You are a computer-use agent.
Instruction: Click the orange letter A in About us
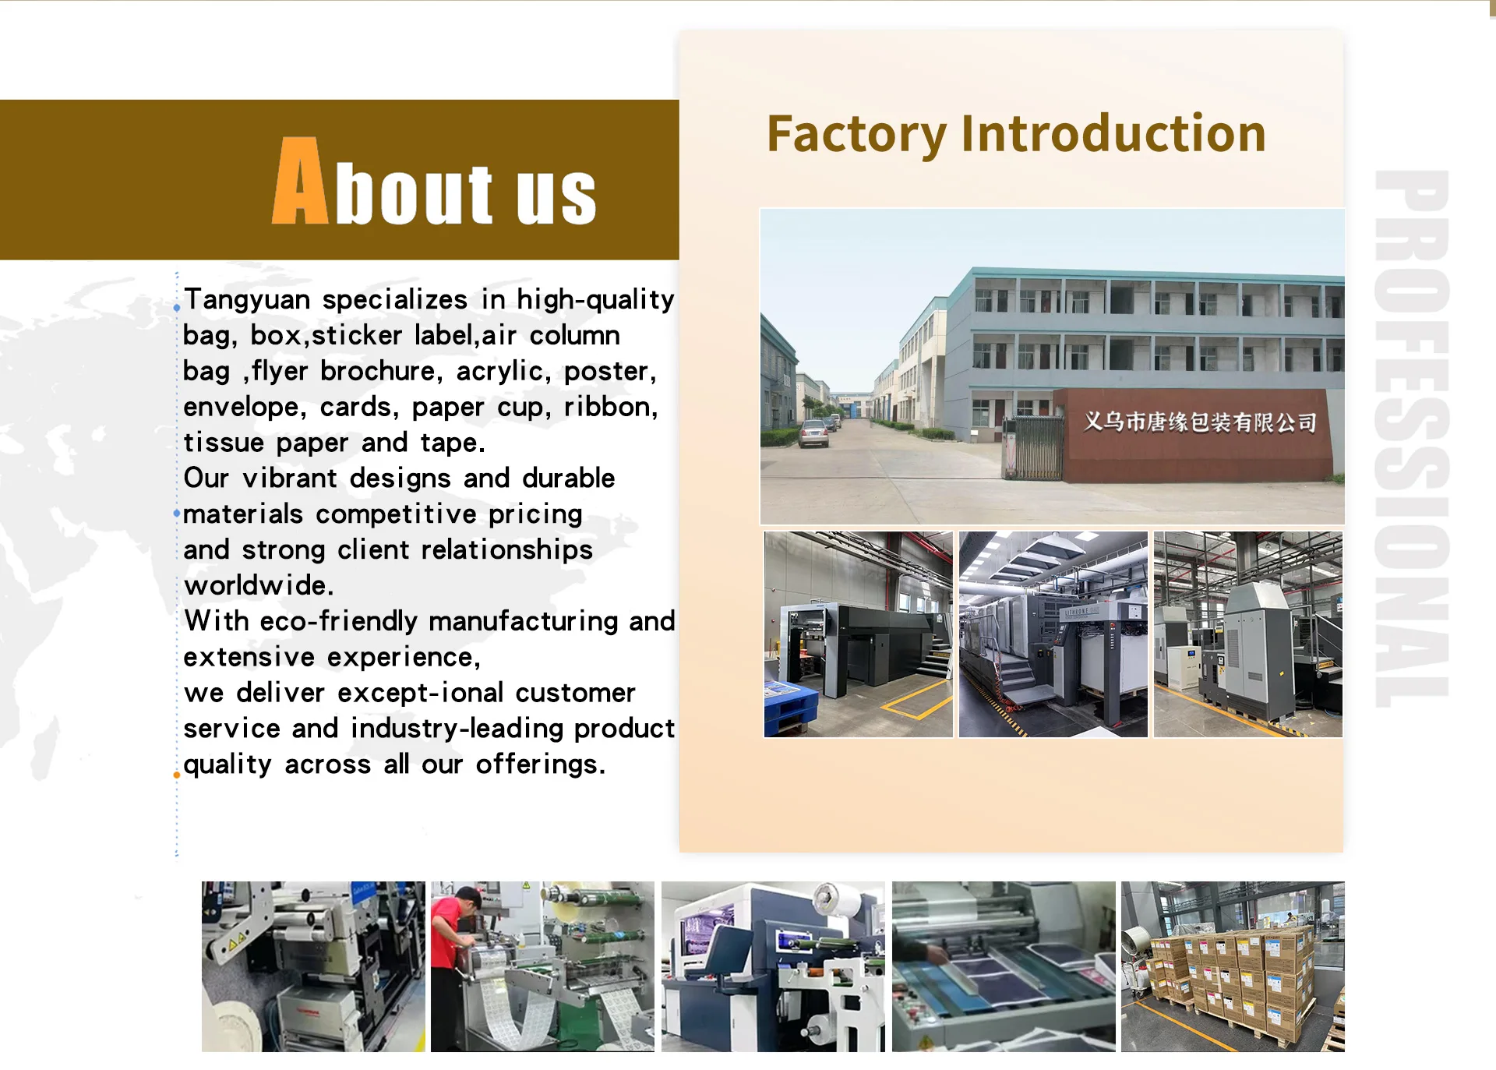coord(300,182)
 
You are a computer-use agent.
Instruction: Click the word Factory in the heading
coord(856,135)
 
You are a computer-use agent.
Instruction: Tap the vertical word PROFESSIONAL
coord(1412,438)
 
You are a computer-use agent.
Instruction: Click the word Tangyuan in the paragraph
coord(247,300)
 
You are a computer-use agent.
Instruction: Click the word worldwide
coord(259,585)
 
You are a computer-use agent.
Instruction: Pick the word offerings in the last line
coord(540,765)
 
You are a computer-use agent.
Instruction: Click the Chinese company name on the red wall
coord(1200,422)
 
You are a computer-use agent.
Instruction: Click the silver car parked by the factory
coord(813,433)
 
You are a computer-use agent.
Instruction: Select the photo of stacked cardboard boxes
coord(1233,966)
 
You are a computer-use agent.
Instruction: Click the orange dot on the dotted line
coord(177,775)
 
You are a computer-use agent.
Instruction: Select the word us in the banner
coord(556,195)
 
